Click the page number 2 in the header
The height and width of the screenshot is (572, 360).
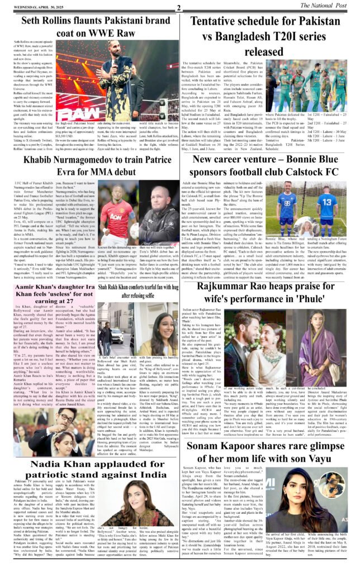(x=178, y=7)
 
